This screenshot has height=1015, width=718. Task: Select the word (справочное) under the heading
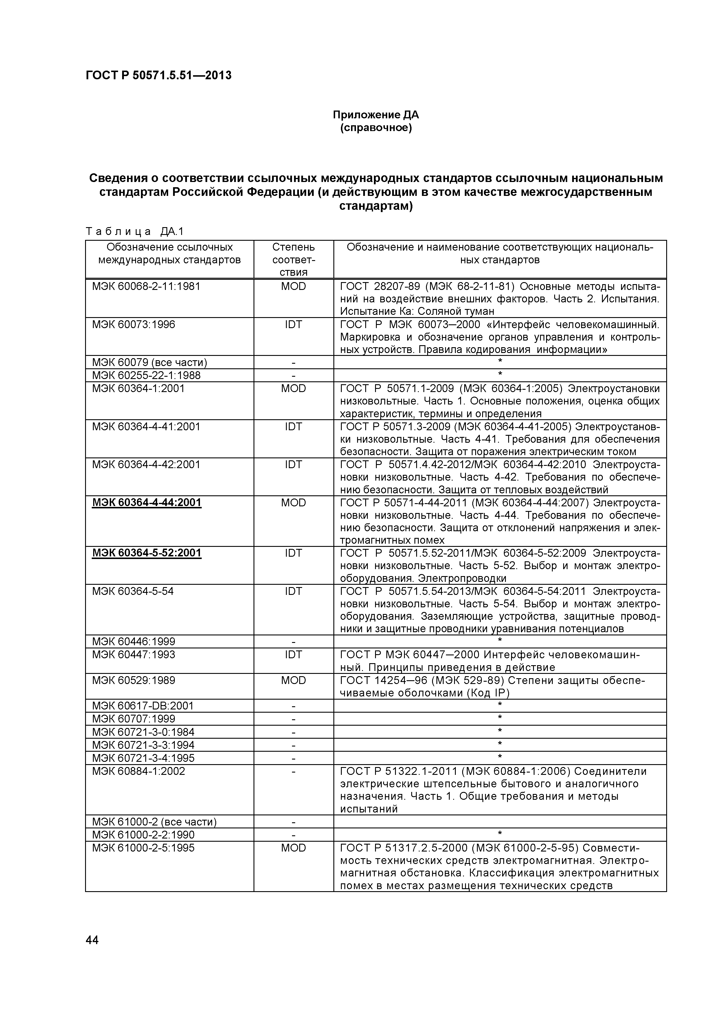click(x=375, y=128)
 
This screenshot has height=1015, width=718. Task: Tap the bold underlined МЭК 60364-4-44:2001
click(x=146, y=503)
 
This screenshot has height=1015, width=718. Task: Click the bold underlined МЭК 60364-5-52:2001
click(x=146, y=553)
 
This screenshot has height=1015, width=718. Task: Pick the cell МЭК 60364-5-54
click(x=133, y=591)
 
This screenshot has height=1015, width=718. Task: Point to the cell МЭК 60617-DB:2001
click(x=142, y=705)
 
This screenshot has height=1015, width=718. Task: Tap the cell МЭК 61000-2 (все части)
click(x=154, y=822)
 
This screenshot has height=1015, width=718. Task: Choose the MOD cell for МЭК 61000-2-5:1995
click(x=293, y=848)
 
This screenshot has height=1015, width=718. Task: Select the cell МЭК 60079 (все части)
click(x=149, y=363)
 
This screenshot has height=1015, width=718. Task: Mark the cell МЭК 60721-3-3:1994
click(x=143, y=745)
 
